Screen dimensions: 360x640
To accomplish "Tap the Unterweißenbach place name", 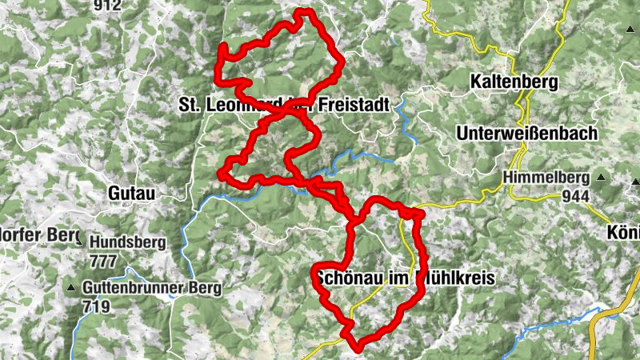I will pos(527,133).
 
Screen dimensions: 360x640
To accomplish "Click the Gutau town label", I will pos(130,193).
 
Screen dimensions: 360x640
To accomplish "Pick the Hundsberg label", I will pos(128,242).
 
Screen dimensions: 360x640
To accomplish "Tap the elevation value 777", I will pos(104,261).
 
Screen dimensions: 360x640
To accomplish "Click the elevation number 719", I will pos(95,306).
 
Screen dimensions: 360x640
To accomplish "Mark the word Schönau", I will pos(346,278).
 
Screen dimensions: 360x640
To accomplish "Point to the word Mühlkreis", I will pos(455,278).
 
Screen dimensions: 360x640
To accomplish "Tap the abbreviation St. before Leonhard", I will pos(190,105).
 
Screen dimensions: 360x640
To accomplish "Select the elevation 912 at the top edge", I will pos(106,5).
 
